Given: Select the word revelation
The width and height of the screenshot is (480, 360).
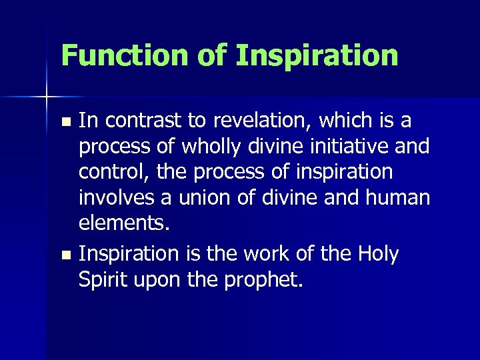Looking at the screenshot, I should (x=251, y=121).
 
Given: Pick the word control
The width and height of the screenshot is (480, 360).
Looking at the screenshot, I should (x=114, y=173).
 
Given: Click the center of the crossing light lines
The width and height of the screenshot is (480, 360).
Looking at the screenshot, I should (x=47, y=97).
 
